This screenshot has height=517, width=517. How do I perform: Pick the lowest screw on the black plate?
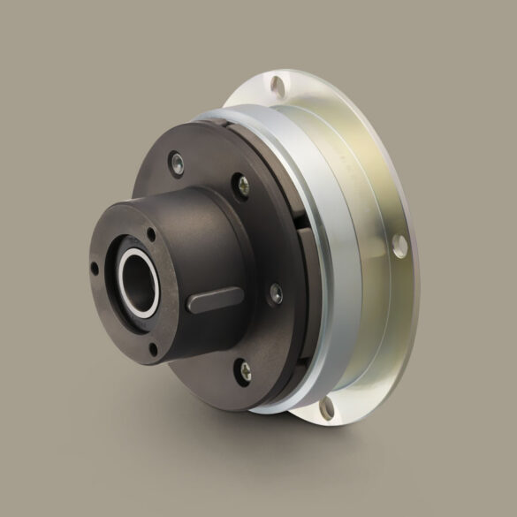click(x=245, y=372)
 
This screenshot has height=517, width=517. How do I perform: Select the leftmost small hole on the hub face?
click(x=95, y=266)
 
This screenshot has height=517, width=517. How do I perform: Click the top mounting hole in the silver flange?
click(x=279, y=85)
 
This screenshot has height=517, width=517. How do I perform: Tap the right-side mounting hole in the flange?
click(x=399, y=243)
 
